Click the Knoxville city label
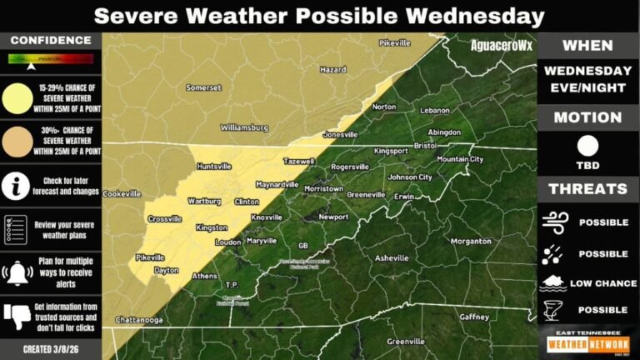point(267,217)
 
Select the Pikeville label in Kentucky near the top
point(395,42)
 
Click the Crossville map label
point(164,218)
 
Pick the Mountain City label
point(460,159)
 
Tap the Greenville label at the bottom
point(406,342)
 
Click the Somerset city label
point(203,87)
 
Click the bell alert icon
point(17,271)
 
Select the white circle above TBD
point(587,145)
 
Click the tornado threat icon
point(553,309)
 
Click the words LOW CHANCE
point(603,283)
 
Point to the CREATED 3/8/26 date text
point(50,348)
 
